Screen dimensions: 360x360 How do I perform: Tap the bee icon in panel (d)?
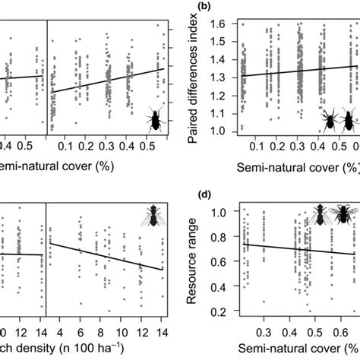pyautogui.click(x=339, y=216)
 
